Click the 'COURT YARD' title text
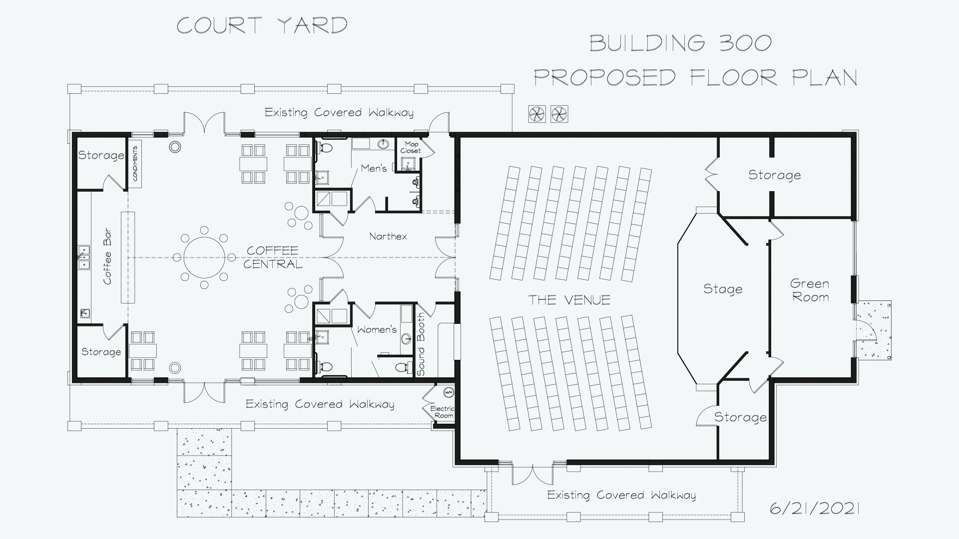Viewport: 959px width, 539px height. pos(262,25)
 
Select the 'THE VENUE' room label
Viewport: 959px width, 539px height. pos(569,300)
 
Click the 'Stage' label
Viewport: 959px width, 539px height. pos(723,289)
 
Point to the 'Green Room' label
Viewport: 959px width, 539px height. pos(810,290)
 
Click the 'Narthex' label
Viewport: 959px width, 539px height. pos(388,236)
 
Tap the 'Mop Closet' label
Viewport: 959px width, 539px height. pos(411,147)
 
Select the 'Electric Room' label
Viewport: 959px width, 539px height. pos(443,412)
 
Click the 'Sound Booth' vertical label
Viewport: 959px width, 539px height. pos(421,344)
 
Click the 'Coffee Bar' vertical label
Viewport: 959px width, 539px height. pos(107,257)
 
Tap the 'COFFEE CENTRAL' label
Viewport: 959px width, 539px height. pos(273,257)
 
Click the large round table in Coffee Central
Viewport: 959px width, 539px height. pos(204,258)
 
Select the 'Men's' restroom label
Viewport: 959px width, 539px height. pos(374,168)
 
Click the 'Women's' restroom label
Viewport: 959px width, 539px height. pos(377,329)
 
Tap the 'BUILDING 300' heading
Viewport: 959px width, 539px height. pos(680,43)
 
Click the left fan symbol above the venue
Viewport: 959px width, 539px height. pos(537,114)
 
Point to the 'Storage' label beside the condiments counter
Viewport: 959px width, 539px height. pos(101,155)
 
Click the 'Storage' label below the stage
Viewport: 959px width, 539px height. pos(740,417)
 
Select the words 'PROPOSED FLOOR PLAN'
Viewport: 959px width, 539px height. pos(696,78)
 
